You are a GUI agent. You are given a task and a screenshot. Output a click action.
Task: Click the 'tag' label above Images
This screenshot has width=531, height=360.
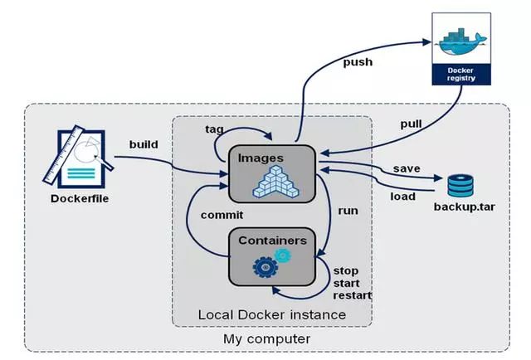coord(214,129)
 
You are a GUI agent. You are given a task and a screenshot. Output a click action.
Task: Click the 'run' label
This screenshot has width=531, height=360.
coord(348,211)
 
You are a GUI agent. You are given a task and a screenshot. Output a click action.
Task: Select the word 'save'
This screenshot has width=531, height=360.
coord(407,168)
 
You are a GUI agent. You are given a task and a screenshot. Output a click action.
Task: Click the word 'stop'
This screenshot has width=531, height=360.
coord(345,270)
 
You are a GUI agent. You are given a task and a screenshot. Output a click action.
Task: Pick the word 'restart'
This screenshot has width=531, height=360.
coord(352,295)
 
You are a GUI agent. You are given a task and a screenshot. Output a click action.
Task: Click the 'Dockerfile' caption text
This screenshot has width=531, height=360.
coord(80,198)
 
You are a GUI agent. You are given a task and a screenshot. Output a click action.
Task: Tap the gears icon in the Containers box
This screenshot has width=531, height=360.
coord(273,262)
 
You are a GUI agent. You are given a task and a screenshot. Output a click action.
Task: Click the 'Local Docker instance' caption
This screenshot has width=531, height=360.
coord(271,315)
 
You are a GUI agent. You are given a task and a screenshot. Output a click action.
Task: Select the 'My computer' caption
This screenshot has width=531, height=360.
coord(267,339)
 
